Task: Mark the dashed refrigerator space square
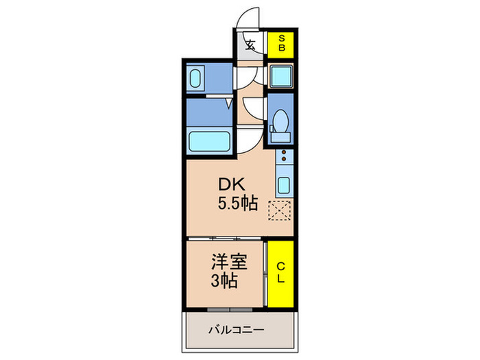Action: tap(280, 213)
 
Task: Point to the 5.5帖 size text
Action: tap(237, 204)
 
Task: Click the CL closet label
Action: tap(280, 272)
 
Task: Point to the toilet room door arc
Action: tap(254, 110)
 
